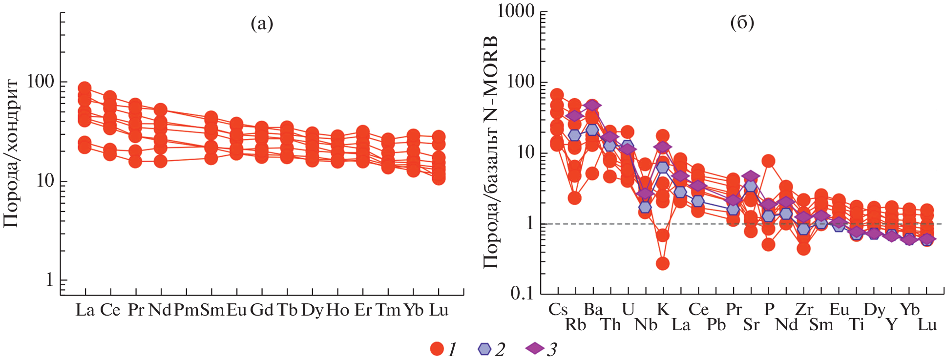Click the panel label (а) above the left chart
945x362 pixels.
click(x=262, y=23)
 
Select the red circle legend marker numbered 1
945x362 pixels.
click(x=437, y=349)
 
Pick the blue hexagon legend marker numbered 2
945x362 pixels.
click(x=484, y=349)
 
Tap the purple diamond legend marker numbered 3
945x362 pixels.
click(x=535, y=348)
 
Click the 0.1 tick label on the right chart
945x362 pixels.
click(x=522, y=293)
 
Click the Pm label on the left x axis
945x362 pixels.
click(x=186, y=310)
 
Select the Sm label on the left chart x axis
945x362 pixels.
click(x=211, y=310)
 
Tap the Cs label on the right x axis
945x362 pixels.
click(x=558, y=309)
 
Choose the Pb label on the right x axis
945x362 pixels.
click(x=716, y=325)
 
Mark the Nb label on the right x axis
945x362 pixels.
click(x=646, y=325)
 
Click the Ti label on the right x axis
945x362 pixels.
click(x=857, y=325)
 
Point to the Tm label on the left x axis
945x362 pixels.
click(x=388, y=310)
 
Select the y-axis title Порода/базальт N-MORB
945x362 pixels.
click(x=491, y=151)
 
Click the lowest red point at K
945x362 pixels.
click(x=662, y=264)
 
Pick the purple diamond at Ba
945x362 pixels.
click(x=592, y=106)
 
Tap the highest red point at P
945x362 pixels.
click(x=768, y=161)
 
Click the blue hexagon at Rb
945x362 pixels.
click(x=575, y=135)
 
